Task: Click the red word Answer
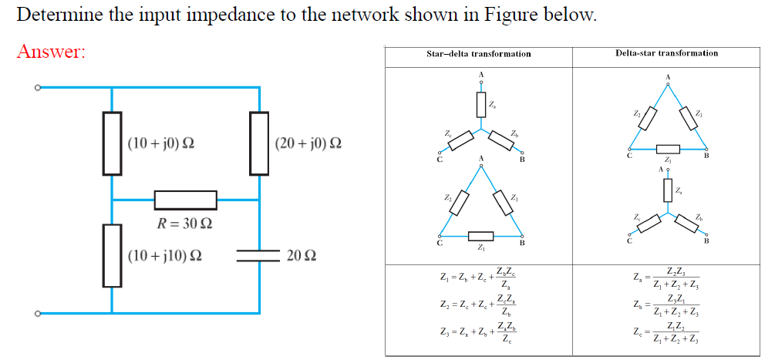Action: [51, 52]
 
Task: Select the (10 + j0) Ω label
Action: [161, 143]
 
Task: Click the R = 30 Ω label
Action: [184, 225]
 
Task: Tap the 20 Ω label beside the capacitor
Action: [302, 254]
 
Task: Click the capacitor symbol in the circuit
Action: [258, 255]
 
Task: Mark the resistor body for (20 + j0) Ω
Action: [258, 143]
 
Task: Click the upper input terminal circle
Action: [35, 88]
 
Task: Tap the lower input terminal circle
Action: [35, 313]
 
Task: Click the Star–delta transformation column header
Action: [478, 54]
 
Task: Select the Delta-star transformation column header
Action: [666, 53]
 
